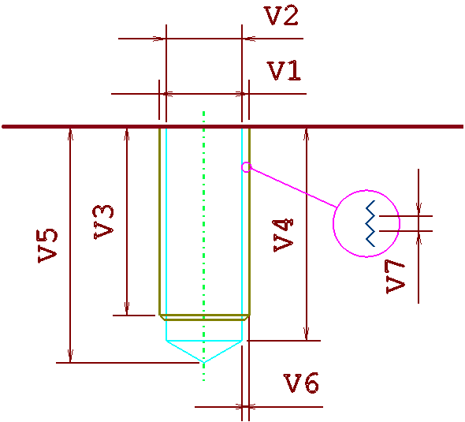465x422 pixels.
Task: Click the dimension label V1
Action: (285, 71)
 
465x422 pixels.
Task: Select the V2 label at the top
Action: (281, 16)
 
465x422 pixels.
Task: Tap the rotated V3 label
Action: (103, 222)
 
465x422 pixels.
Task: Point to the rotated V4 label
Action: (283, 235)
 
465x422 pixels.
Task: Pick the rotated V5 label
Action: (47, 246)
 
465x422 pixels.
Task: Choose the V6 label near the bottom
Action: (301, 383)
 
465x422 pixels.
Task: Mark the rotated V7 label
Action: (396, 277)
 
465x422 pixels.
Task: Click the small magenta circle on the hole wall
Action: (246, 167)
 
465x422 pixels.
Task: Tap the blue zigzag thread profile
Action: (370, 223)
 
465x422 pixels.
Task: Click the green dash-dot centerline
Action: (204, 245)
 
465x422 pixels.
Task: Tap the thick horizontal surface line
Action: (232, 127)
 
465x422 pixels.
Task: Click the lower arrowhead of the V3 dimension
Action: (127, 308)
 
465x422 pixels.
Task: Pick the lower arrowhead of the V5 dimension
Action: (70, 356)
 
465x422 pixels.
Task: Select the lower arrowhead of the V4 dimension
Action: (307, 334)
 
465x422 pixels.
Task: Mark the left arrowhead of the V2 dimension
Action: (159, 39)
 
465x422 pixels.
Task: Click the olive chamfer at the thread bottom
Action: (204, 318)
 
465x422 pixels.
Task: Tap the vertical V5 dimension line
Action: (70, 245)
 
